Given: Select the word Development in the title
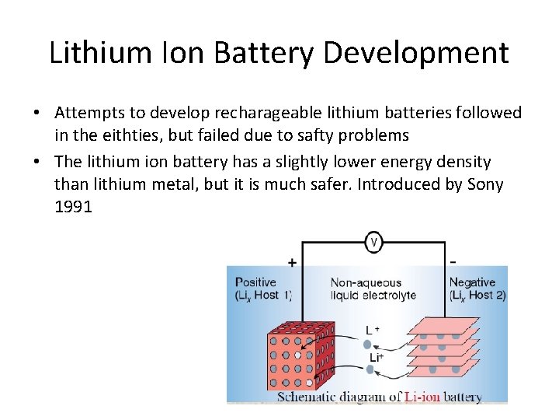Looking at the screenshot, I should [416, 53].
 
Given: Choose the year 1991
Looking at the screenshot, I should [73, 208].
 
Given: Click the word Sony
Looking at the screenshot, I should [485, 184].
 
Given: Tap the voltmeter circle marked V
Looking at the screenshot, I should [374, 242].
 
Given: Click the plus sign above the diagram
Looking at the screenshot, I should [292, 263].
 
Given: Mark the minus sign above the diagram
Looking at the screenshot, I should [453, 261].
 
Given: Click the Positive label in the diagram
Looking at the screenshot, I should [255, 282].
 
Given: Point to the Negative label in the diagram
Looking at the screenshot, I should [472, 282].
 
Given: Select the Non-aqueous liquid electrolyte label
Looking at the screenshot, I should [373, 289].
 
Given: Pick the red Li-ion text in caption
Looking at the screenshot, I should [422, 397].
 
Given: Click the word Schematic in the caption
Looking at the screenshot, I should [307, 397].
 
